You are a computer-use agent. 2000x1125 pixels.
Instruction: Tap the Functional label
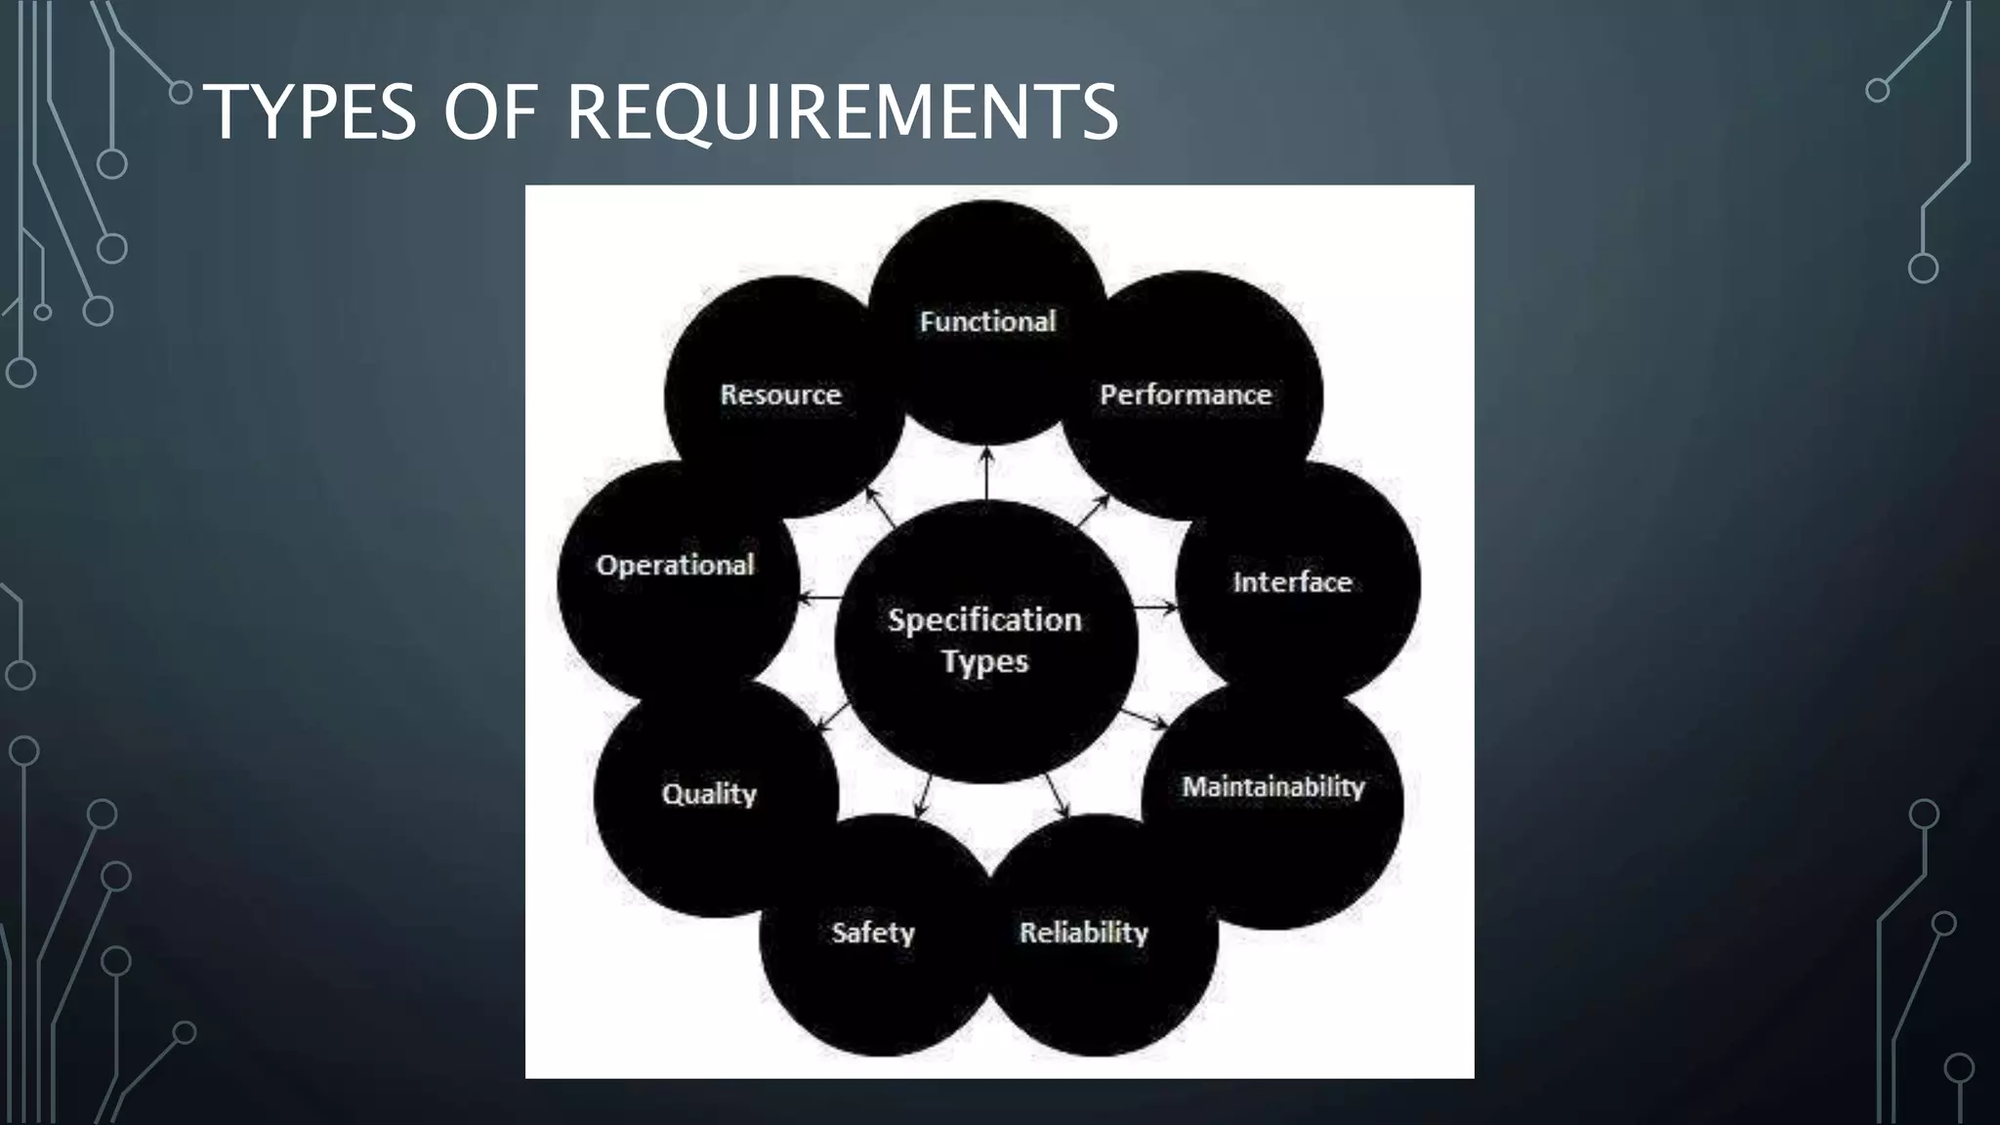[x=987, y=321]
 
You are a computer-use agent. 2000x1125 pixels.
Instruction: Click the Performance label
[x=1186, y=395]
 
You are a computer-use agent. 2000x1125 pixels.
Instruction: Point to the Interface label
[x=1292, y=582]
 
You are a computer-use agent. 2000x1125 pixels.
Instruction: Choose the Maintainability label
[x=1272, y=786]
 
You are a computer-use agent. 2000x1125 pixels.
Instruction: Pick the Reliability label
[x=1083, y=933]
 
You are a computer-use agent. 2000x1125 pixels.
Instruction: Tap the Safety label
[x=873, y=933]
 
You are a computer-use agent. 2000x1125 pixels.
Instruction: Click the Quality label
[x=709, y=793]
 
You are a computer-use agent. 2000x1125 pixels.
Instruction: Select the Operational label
[x=675, y=564]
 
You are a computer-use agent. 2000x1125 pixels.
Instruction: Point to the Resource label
[x=780, y=395]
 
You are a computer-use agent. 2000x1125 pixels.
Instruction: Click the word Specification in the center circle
[x=984, y=620]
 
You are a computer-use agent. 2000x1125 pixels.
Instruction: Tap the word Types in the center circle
[x=984, y=662]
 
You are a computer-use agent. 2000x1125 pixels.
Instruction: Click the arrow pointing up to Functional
[x=986, y=473]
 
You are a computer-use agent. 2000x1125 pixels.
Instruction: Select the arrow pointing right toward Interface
[x=1157, y=607]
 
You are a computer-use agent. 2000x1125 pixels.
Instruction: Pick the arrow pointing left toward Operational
[x=820, y=598]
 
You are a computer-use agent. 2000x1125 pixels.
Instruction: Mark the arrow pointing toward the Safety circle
[x=923, y=797]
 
